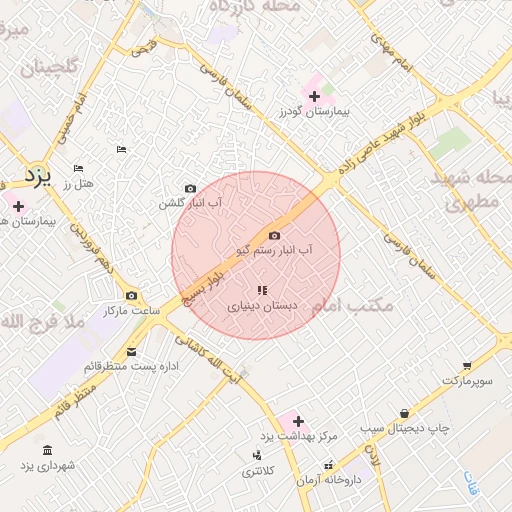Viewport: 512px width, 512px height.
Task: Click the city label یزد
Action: (x=36, y=179)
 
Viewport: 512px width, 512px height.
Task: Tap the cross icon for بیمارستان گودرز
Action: (x=315, y=97)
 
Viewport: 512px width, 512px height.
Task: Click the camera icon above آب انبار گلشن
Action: (x=190, y=188)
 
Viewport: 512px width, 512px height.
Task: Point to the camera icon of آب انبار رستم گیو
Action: (x=275, y=235)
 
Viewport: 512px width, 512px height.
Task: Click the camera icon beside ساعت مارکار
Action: (x=132, y=296)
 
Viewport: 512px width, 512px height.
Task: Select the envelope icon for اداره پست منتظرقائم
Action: (x=132, y=351)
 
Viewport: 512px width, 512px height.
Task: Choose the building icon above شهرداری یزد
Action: (x=47, y=450)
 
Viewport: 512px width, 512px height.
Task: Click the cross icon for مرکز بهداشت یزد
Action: (x=297, y=422)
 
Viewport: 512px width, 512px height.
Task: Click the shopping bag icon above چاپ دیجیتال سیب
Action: (x=404, y=413)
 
